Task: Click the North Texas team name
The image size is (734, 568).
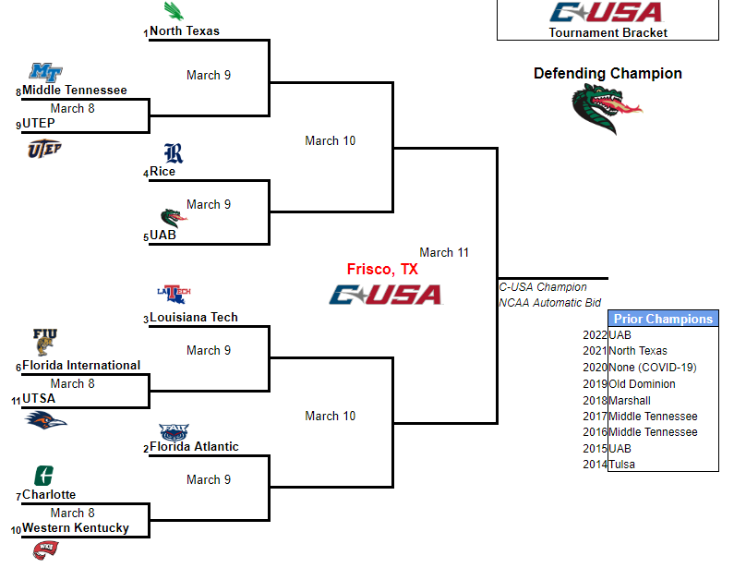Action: pyautogui.click(x=185, y=31)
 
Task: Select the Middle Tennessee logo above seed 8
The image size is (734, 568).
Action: pyautogui.click(x=46, y=72)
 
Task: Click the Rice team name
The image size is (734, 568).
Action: pyautogui.click(x=162, y=172)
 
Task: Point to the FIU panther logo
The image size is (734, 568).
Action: pyautogui.click(x=44, y=342)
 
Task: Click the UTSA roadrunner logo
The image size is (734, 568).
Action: pyautogui.click(x=45, y=421)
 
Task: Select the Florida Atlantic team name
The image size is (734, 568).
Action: pyautogui.click(x=194, y=447)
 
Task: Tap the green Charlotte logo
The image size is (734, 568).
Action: pyautogui.click(x=42, y=477)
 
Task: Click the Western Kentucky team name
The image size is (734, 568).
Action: pyautogui.click(x=76, y=528)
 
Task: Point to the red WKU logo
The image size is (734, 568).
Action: pyautogui.click(x=45, y=550)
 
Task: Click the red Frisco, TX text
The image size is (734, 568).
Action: pyautogui.click(x=382, y=270)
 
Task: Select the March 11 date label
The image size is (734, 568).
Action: pyautogui.click(x=444, y=252)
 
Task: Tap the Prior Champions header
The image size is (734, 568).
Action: pyautogui.click(x=663, y=319)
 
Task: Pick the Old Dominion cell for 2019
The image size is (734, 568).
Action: pyautogui.click(x=642, y=384)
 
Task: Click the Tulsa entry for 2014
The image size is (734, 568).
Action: pyautogui.click(x=623, y=465)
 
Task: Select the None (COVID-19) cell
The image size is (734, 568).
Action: pyautogui.click(x=652, y=368)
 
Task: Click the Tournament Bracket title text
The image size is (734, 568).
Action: pyautogui.click(x=608, y=32)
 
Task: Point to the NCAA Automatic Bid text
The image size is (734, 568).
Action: pyautogui.click(x=550, y=302)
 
